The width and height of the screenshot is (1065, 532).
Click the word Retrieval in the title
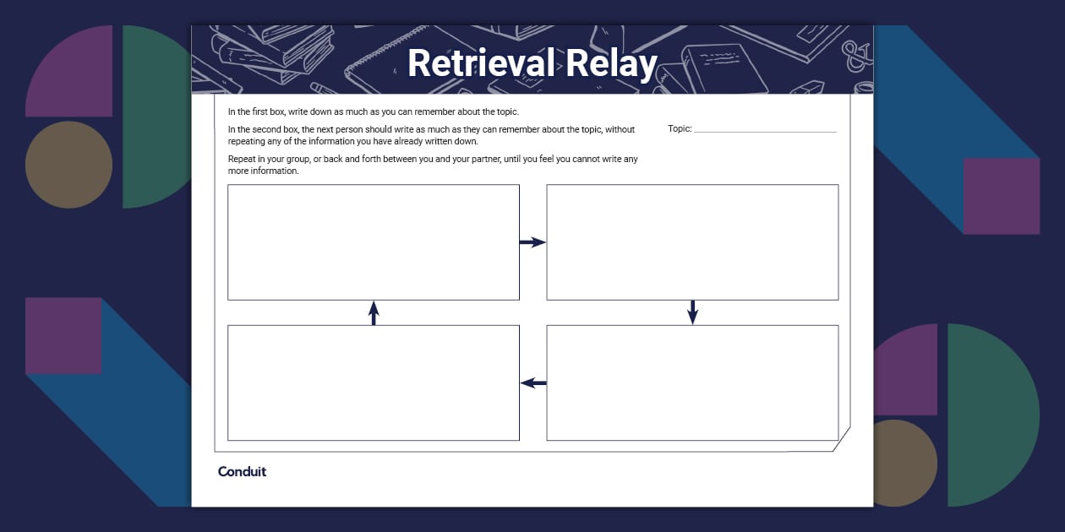click(x=482, y=64)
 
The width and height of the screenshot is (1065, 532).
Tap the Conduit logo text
click(x=242, y=471)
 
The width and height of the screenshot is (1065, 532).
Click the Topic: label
click(x=680, y=129)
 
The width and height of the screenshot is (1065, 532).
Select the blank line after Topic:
click(x=765, y=131)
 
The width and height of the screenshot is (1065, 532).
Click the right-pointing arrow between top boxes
click(x=532, y=242)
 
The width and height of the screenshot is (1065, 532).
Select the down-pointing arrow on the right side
click(x=692, y=312)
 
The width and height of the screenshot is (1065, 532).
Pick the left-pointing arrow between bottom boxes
click(x=533, y=383)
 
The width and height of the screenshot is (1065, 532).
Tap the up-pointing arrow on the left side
click(x=374, y=312)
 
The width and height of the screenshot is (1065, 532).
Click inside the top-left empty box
click(x=374, y=242)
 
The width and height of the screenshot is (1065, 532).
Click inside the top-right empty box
click(x=692, y=242)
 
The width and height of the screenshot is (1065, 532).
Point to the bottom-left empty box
click(x=374, y=383)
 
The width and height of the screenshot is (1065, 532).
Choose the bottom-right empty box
click(x=692, y=383)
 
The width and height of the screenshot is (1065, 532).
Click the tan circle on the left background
click(x=68, y=165)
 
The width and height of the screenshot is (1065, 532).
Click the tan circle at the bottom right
click(x=904, y=462)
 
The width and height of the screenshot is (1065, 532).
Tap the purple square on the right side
click(x=1001, y=196)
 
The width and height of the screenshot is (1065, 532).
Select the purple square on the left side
click(x=63, y=335)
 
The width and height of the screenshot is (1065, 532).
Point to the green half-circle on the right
click(x=989, y=414)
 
